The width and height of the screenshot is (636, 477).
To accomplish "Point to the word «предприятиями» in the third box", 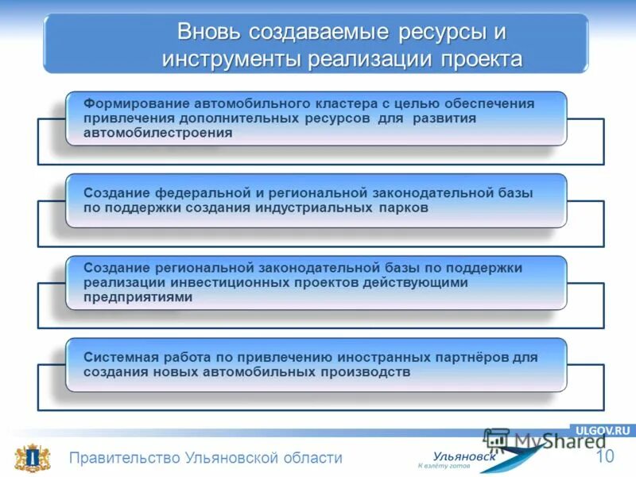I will [138, 297].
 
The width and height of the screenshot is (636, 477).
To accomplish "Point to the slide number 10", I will [605, 456].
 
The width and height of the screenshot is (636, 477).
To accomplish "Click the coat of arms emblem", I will [29, 459].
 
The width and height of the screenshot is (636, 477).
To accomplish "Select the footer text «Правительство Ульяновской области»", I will [205, 458].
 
